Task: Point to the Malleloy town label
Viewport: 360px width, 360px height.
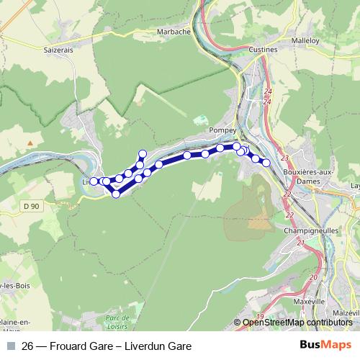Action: coord(306,41)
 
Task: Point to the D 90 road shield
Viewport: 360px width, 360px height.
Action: coord(30,207)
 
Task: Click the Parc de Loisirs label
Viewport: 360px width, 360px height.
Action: coord(117,321)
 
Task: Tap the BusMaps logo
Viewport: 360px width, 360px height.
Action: coord(325,346)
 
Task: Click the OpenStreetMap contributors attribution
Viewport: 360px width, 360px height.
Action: coord(297,323)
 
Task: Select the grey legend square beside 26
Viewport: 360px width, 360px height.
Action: coord(9,346)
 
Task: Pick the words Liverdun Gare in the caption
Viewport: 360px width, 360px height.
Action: coord(157,346)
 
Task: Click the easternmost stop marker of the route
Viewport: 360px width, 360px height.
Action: coord(266,163)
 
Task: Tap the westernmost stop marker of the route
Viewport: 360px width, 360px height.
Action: coord(94,181)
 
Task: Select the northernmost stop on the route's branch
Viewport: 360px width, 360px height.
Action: coord(143,153)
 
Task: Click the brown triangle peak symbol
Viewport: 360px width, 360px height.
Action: coord(30,143)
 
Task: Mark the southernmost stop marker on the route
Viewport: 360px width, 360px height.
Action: coord(115,194)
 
